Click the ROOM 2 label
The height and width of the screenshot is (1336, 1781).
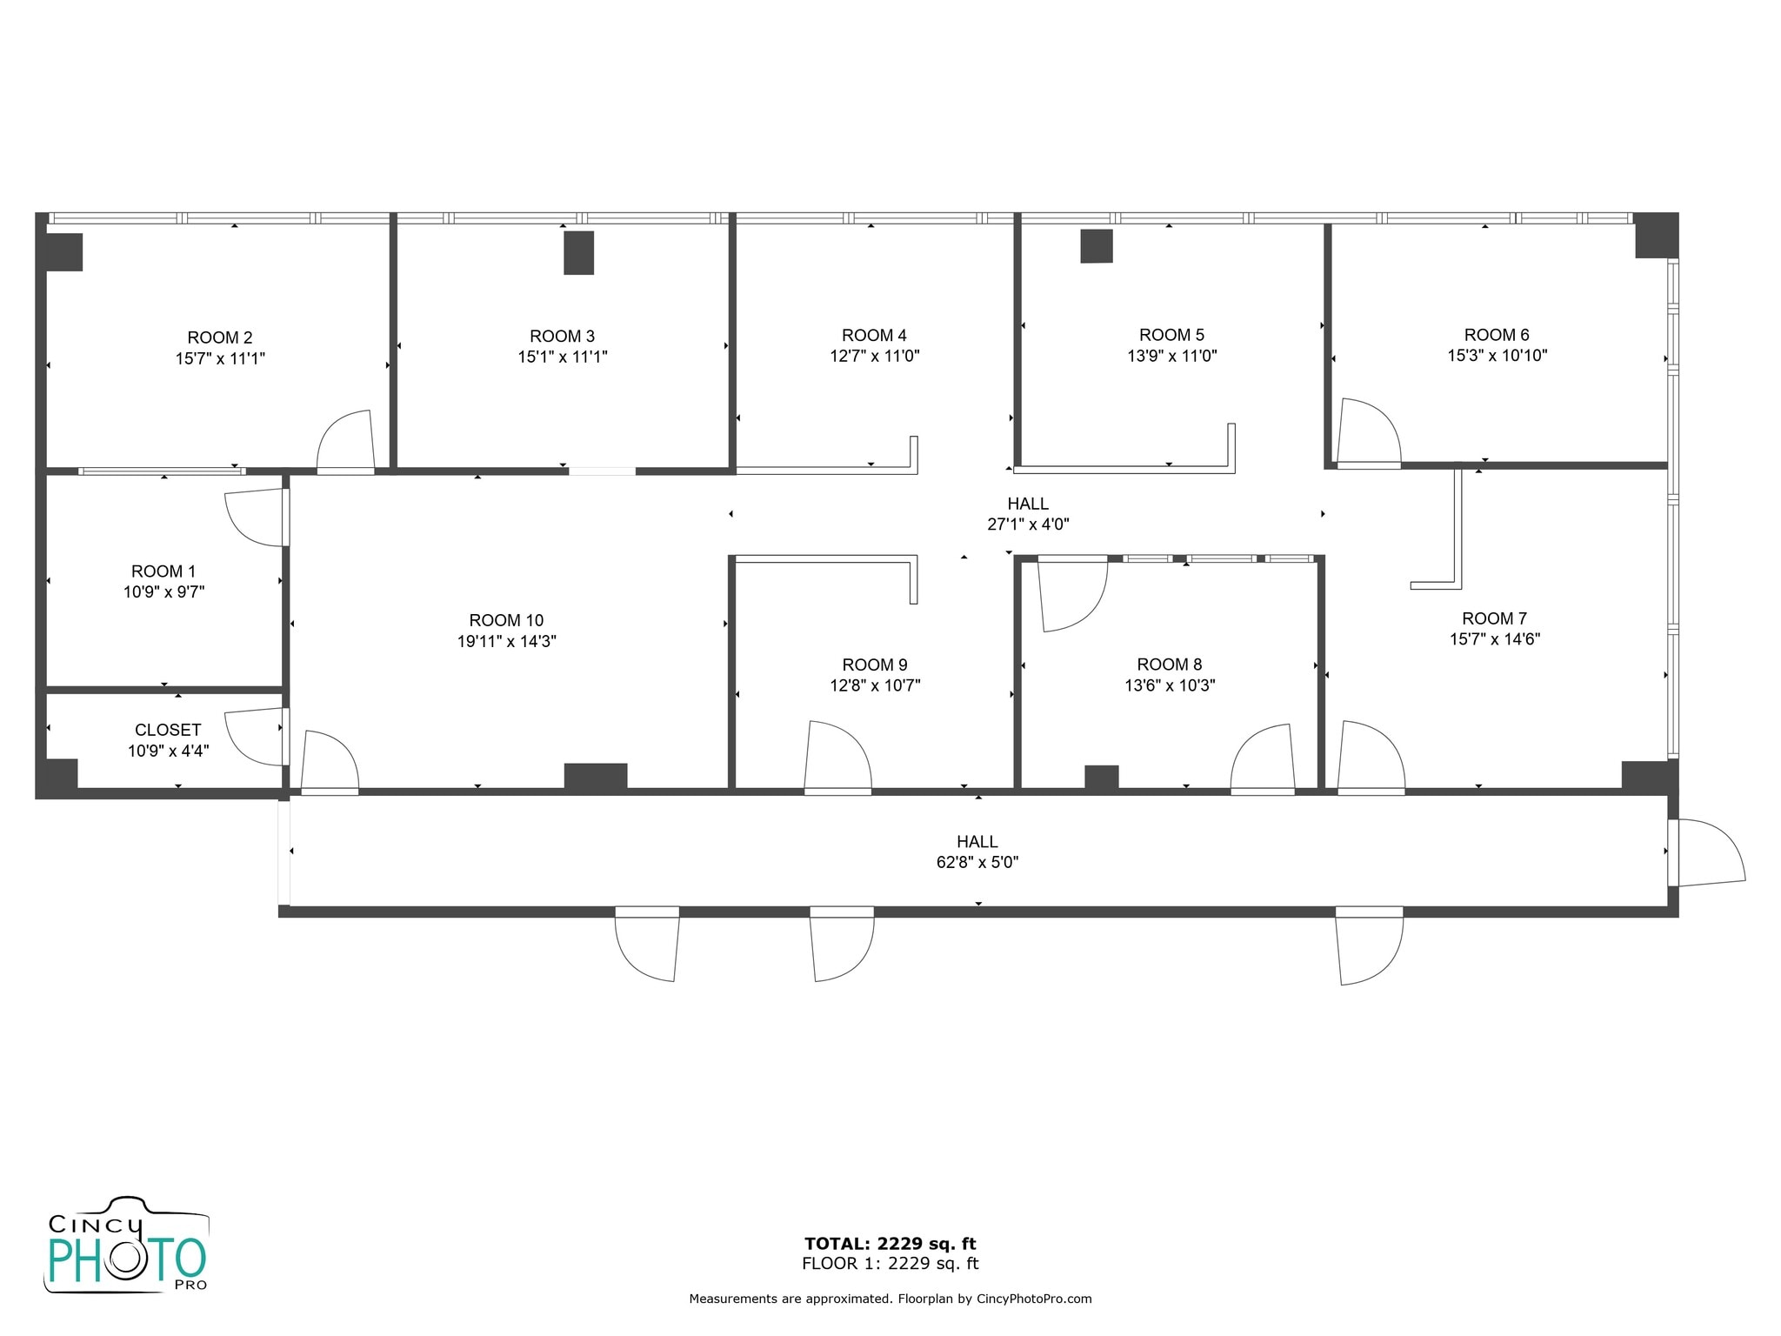(220, 337)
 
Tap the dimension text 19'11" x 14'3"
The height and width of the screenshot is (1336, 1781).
(507, 642)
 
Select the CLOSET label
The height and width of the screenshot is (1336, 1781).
(168, 731)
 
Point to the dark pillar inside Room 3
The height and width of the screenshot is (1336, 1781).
(578, 252)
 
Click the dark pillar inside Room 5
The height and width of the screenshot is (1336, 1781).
(1096, 246)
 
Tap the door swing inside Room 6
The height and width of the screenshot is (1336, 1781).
(1370, 432)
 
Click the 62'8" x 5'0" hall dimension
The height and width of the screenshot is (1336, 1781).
(977, 863)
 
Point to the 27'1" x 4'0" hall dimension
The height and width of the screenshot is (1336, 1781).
(1028, 524)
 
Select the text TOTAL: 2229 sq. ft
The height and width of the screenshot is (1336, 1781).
(890, 1244)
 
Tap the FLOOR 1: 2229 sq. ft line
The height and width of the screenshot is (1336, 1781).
(890, 1264)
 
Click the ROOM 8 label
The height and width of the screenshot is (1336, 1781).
(1170, 665)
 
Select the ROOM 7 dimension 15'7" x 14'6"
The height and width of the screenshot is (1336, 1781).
(1495, 639)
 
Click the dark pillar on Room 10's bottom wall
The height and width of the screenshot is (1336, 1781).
(596, 776)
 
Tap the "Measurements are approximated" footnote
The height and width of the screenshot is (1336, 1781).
(890, 1299)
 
